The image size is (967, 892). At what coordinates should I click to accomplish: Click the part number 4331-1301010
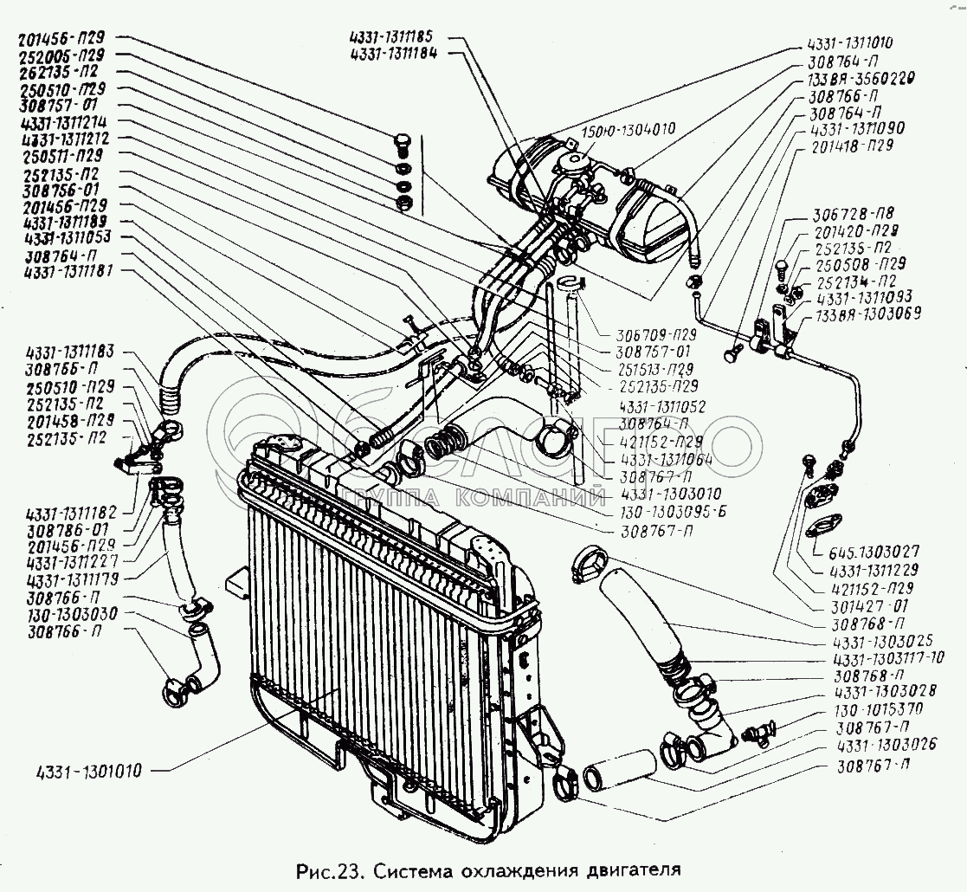[x=92, y=769]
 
